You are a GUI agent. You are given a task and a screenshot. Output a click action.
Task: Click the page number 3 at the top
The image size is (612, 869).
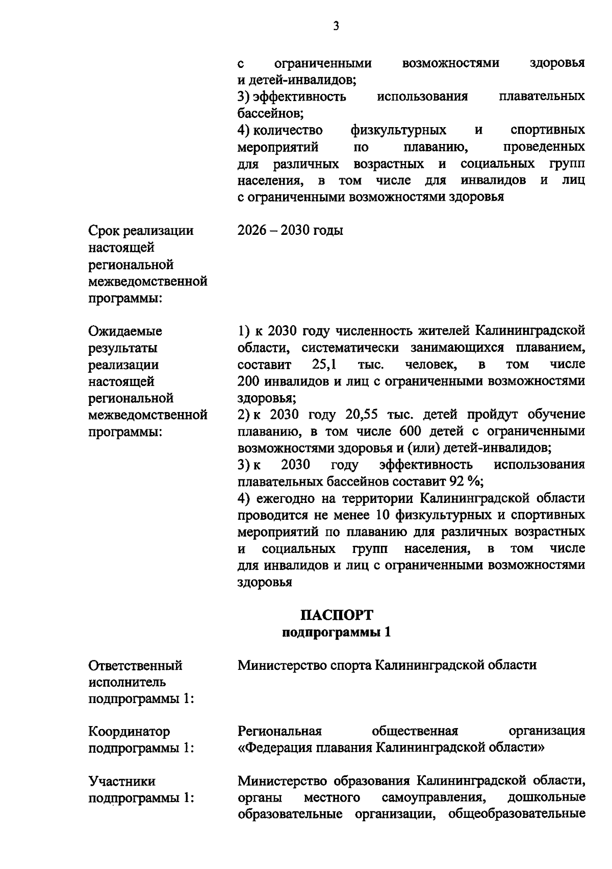[x=336, y=26]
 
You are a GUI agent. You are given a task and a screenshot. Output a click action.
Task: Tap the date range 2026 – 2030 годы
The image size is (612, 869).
[x=290, y=230]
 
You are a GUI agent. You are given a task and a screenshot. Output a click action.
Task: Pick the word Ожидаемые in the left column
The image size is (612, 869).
[x=125, y=331]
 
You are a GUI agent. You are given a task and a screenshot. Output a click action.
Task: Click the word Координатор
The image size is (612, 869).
[x=129, y=732]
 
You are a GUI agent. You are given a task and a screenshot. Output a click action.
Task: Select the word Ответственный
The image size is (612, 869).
[x=135, y=665]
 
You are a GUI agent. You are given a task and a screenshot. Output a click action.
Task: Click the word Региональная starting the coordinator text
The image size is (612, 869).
[x=279, y=731]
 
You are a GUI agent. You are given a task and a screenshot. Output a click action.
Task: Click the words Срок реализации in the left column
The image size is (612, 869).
[x=141, y=230]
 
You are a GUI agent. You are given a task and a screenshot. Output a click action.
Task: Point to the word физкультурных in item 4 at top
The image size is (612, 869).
[x=398, y=130]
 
